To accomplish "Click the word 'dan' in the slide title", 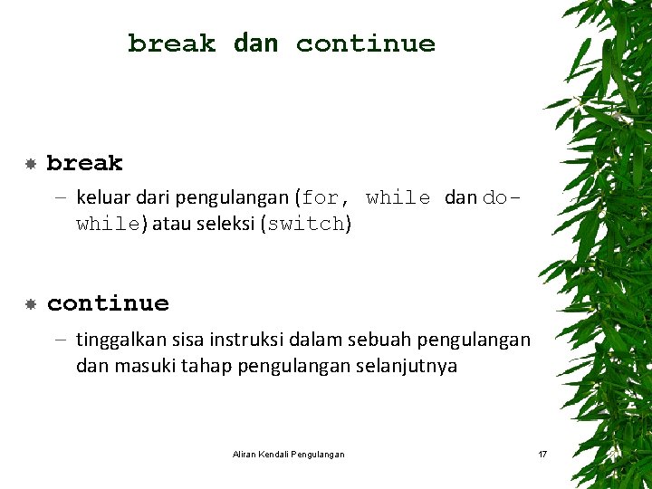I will [x=255, y=43].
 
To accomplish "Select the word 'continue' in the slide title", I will [x=365, y=43].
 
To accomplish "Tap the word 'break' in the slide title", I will [x=172, y=43].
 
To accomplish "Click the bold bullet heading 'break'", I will [x=84, y=163].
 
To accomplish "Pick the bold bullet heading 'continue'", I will [x=108, y=303].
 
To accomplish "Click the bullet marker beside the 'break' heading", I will [x=30, y=164].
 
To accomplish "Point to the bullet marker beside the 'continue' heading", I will [x=30, y=304].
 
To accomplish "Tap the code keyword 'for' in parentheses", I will [x=322, y=197].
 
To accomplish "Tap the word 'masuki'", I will [x=139, y=367].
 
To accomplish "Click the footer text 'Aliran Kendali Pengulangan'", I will [x=288, y=454].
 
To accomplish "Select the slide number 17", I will [x=542, y=454].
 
